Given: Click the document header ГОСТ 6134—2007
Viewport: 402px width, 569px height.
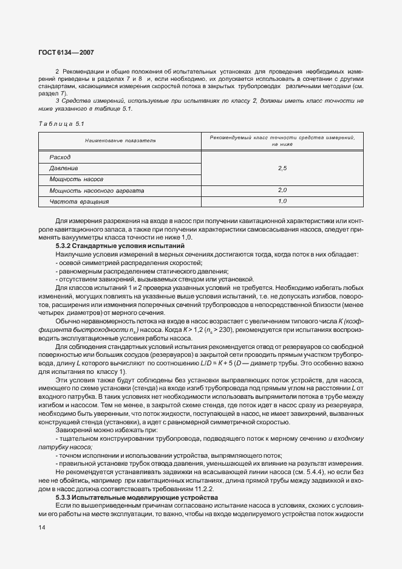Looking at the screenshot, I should coord(67,53).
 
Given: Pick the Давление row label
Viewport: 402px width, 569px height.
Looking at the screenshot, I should coord(63,168).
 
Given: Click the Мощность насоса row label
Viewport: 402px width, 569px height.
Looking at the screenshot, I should coord(76,179).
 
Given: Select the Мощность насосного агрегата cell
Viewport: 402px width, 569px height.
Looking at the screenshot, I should coord(97,190).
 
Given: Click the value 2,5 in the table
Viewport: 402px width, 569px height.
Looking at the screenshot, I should coord(282,168).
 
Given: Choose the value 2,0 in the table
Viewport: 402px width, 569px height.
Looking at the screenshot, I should coord(282,190).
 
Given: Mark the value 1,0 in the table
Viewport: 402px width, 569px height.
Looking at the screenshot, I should coord(282,201).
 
